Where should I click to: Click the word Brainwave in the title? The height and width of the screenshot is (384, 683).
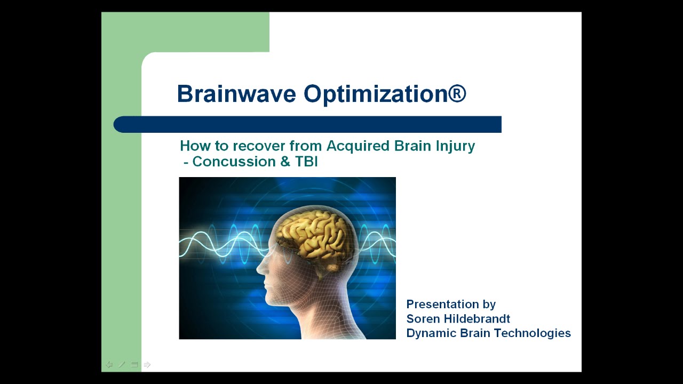point(236,94)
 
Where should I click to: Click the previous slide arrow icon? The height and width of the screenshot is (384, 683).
point(109,365)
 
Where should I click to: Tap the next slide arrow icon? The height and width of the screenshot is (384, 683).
point(147,365)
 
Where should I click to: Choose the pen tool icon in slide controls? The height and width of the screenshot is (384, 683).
point(122,365)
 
